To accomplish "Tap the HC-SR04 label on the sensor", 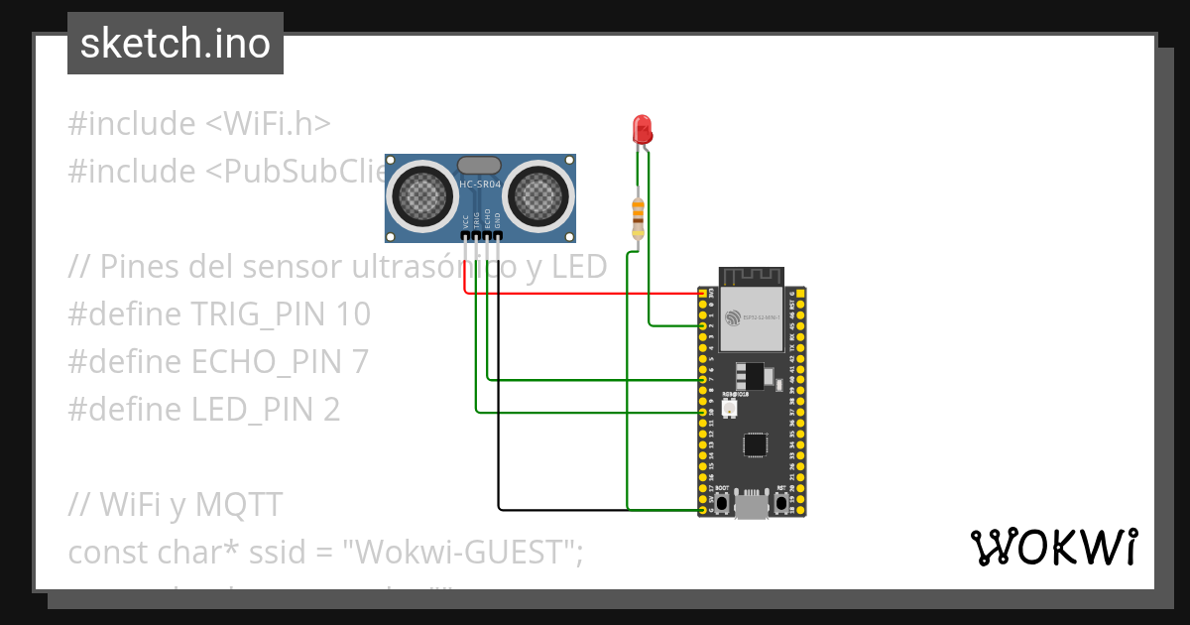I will coord(481,185).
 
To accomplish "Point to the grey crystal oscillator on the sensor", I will coord(480,165).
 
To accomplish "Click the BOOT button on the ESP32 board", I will coord(723,503).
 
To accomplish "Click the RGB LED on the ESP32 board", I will coord(731,408).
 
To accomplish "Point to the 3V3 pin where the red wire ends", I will coord(703,294).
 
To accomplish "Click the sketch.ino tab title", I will coord(176,44).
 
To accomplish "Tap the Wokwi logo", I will coord(1053,548).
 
